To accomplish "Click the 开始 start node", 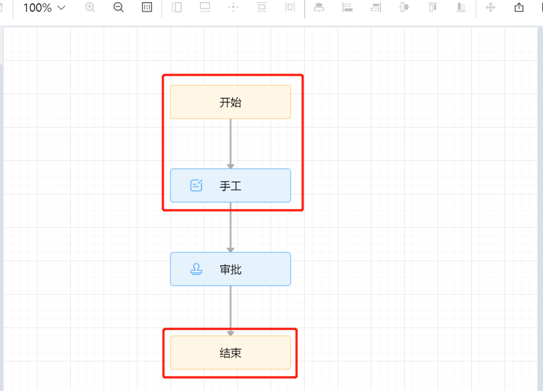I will click(x=230, y=102).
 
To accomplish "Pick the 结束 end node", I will click(x=230, y=353).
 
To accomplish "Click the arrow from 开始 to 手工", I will click(x=231, y=142).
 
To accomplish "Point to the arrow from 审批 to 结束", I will click(x=231, y=309).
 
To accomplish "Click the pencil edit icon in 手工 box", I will click(x=197, y=185).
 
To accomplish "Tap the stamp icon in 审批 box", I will click(x=197, y=269).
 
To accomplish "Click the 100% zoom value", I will click(x=37, y=8).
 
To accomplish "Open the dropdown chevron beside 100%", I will click(x=61, y=8).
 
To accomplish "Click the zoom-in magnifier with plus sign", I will click(x=90, y=8).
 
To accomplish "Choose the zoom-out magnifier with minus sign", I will click(x=119, y=8).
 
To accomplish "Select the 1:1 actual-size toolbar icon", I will click(x=147, y=8).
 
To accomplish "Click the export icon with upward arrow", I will click(x=519, y=8).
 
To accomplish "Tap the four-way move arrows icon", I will click(x=491, y=8).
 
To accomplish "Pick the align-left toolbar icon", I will click(x=348, y=8).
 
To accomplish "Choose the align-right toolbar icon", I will click(x=376, y=8).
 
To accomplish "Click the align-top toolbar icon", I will click(x=433, y=8).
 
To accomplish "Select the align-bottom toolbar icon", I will click(x=461, y=8).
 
